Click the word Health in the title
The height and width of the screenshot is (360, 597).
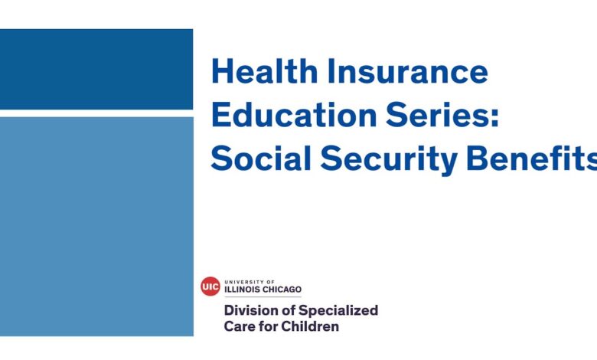pyautogui.click(x=264, y=71)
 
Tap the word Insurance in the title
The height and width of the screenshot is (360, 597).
pyautogui.click(x=407, y=71)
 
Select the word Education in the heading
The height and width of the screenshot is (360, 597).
pyautogui.click(x=294, y=115)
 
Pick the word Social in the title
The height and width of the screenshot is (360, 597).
pyautogui.click(x=261, y=158)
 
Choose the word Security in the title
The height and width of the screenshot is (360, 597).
pyautogui.click(x=389, y=160)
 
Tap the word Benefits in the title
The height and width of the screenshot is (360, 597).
pyautogui.click(x=532, y=158)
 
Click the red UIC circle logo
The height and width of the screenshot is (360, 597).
pyautogui.click(x=210, y=286)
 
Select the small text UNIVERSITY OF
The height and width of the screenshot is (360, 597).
pyautogui.click(x=250, y=283)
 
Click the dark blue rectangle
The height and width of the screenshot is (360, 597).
pyautogui.click(x=96, y=70)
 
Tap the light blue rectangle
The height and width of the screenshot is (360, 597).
pyautogui.click(x=96, y=227)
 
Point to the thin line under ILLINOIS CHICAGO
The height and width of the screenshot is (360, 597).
pyautogui.click(x=263, y=296)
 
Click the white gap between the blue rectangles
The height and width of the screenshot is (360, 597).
pyautogui.click(x=96, y=113)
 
